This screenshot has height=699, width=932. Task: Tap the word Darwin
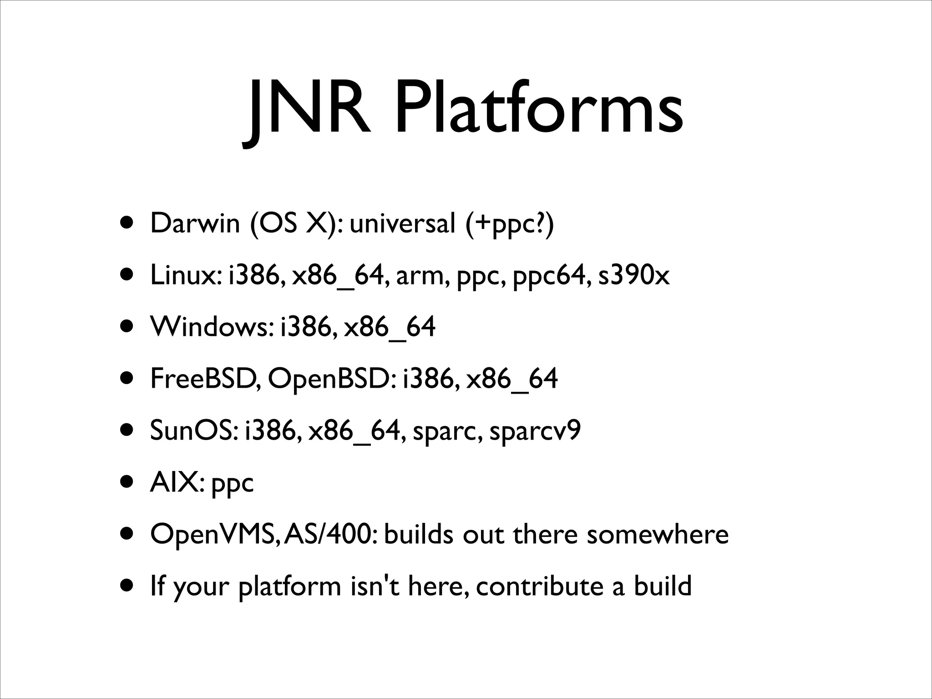(x=195, y=223)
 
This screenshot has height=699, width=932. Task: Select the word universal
(x=402, y=223)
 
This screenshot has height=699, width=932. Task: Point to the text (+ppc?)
(x=510, y=224)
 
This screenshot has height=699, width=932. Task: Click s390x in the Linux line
(x=633, y=275)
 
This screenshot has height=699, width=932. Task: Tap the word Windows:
(x=212, y=327)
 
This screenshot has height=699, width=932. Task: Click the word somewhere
(x=657, y=534)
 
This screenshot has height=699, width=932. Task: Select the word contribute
(x=539, y=586)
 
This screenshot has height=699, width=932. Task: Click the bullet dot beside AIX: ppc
(x=128, y=482)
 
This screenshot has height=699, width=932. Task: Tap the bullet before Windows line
(x=128, y=327)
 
